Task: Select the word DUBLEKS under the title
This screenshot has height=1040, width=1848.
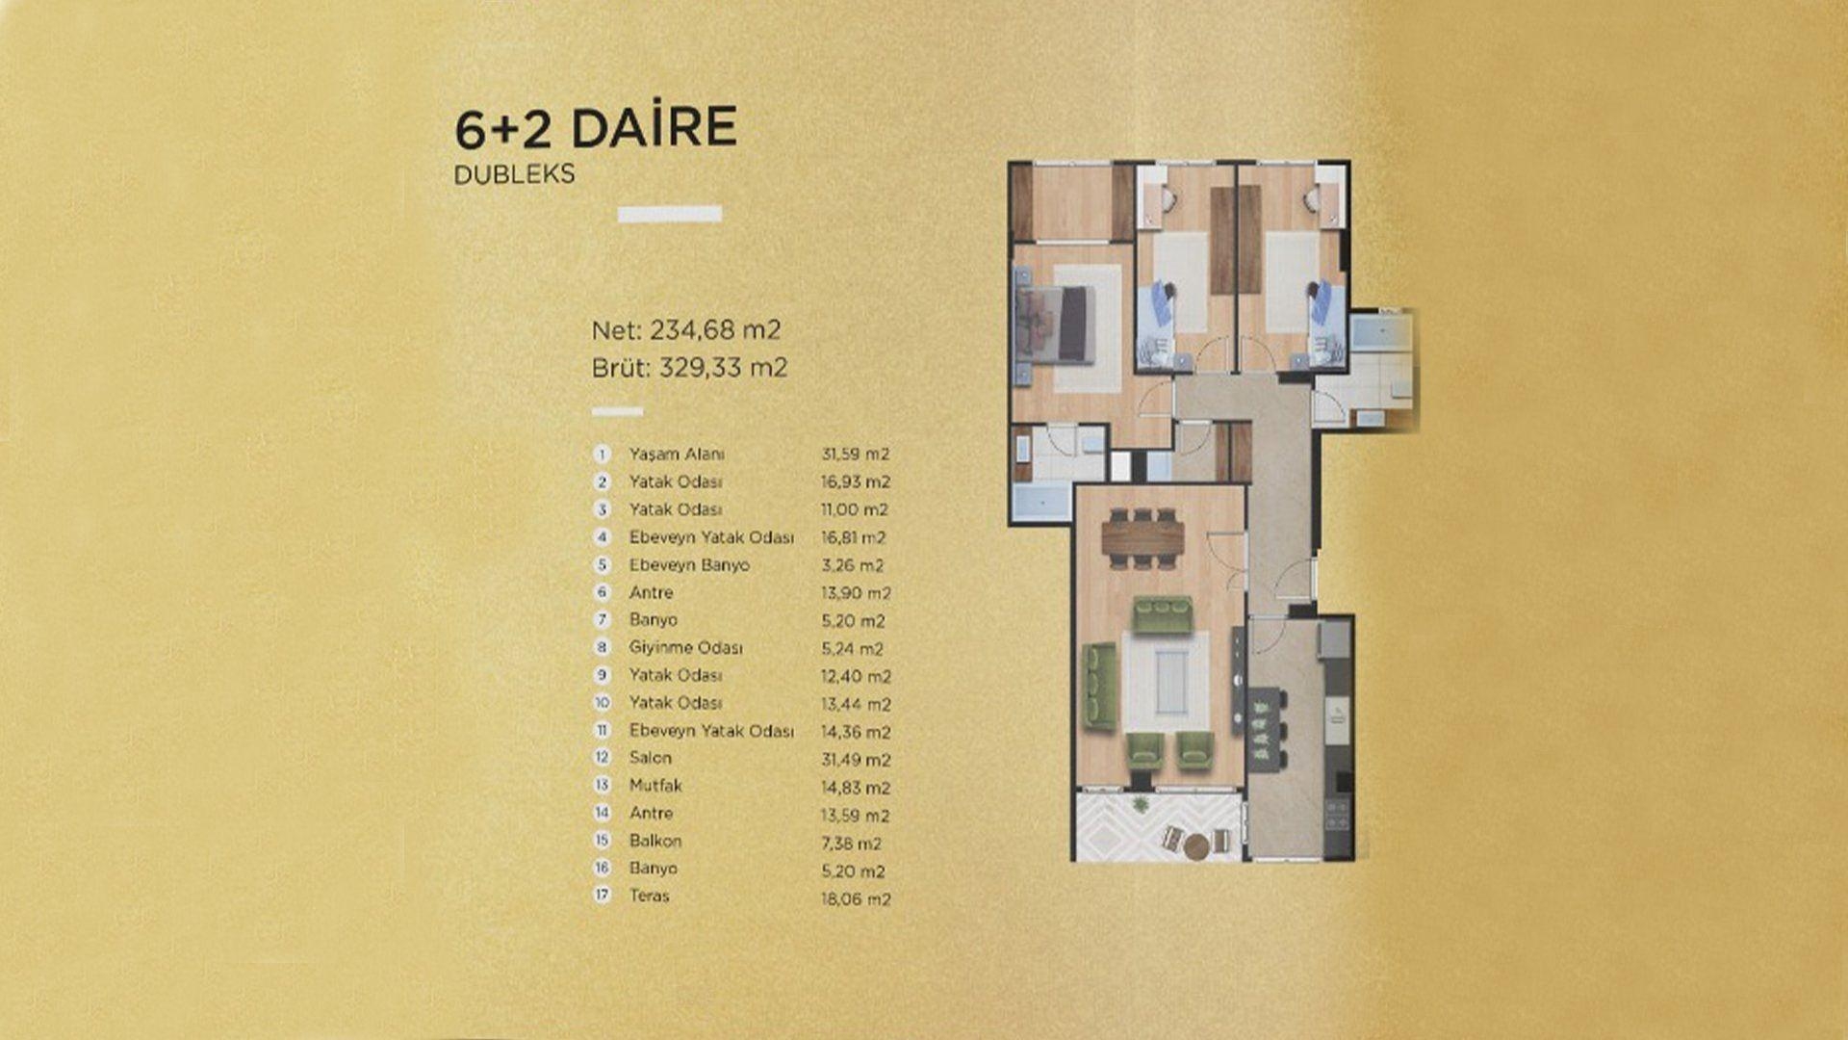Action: pos(514,174)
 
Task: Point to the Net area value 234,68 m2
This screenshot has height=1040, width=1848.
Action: pos(715,330)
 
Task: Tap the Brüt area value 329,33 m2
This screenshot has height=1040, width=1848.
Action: pos(723,368)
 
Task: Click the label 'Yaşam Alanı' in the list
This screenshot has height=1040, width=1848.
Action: pos(677,455)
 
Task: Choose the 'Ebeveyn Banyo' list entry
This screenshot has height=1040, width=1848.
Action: pos(689,565)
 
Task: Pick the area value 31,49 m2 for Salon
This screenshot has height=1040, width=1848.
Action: pos(856,760)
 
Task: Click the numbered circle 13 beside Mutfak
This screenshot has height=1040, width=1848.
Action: pos(603,786)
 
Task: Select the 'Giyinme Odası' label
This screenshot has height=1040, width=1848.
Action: pos(686,648)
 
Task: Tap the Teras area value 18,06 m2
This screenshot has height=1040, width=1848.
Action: pos(856,899)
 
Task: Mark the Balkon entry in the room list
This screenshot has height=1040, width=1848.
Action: pos(655,841)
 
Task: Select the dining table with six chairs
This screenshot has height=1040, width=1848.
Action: pos(1142,537)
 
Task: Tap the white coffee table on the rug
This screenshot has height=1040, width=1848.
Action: pos(1165,681)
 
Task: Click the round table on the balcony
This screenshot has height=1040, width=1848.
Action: pos(1196,846)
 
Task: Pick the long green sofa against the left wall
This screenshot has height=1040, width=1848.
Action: pos(1100,686)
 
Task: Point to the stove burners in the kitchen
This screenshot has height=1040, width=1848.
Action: pos(1338,815)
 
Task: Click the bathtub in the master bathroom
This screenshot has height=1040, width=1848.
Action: pos(1041,503)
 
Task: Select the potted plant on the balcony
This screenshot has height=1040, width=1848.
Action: pos(1142,804)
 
